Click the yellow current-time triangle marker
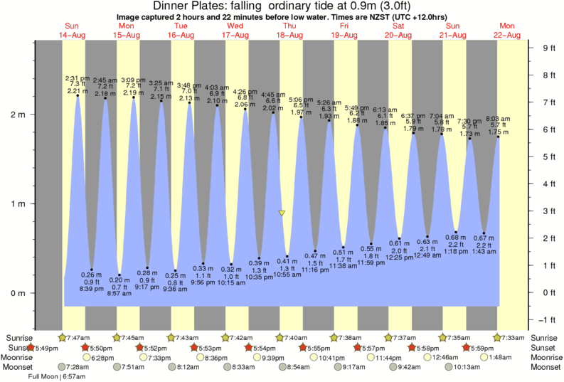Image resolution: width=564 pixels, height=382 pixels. (x=282, y=213)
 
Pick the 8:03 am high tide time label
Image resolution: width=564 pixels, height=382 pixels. (x=498, y=119)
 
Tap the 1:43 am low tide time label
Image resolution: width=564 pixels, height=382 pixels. (x=484, y=252)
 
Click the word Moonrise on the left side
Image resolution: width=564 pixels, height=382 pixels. (x=21, y=357)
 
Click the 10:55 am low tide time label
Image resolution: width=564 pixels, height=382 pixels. (x=287, y=275)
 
